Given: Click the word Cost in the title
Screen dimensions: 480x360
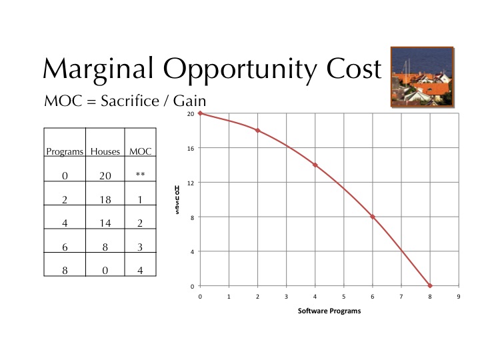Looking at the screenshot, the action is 354,69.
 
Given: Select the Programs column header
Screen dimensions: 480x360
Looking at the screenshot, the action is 65,151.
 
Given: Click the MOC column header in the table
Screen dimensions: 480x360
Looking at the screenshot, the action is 140,151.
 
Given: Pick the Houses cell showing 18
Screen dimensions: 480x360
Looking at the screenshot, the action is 105,200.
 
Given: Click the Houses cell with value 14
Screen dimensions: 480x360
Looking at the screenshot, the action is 105,223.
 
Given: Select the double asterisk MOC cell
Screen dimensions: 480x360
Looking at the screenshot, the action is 140,175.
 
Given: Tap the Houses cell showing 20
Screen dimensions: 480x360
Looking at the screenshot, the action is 105,176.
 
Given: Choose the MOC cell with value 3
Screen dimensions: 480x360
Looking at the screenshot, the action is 140,247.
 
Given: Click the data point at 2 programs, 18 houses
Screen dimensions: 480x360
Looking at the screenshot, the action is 258,131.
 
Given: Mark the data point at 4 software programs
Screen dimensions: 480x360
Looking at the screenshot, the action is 315,165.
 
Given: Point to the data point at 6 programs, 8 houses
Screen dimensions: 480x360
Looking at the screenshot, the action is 373,217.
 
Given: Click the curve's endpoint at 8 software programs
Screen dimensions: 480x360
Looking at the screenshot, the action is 430,286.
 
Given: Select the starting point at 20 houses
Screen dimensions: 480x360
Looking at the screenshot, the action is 200,113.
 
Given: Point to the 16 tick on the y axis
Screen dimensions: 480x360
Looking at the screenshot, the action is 191,149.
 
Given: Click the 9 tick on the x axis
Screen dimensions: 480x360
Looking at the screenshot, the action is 459,297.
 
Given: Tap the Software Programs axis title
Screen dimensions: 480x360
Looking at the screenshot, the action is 329,311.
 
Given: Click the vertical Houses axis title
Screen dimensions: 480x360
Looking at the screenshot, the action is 177,200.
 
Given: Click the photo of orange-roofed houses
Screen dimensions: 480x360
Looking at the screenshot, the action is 423,77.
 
